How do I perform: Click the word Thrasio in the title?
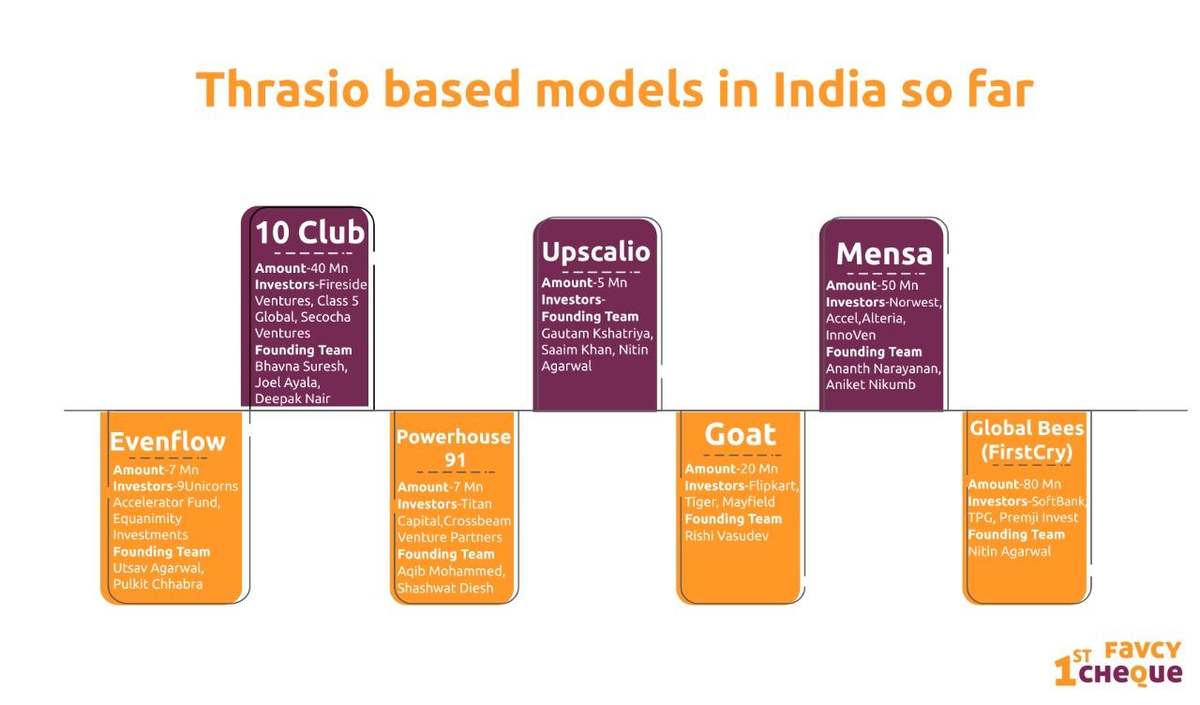(282, 89)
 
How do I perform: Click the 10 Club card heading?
(310, 232)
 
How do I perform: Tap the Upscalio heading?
(595, 252)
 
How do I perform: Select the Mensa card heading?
(884, 253)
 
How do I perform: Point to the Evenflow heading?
(168, 442)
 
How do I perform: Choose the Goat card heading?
(740, 434)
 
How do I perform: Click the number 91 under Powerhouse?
(456, 460)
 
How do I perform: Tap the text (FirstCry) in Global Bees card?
(1027, 452)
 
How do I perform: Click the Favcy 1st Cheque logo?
(1118, 663)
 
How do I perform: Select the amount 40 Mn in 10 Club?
(332, 268)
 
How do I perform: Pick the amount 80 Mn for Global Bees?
(1044, 484)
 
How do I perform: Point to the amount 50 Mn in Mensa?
(902, 285)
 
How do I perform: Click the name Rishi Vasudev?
(727, 535)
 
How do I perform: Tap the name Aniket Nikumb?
(871, 384)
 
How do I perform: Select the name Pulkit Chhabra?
(158, 584)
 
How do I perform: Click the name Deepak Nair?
(292, 398)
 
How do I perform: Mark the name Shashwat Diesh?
(445, 588)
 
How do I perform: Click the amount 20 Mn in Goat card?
(761, 469)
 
